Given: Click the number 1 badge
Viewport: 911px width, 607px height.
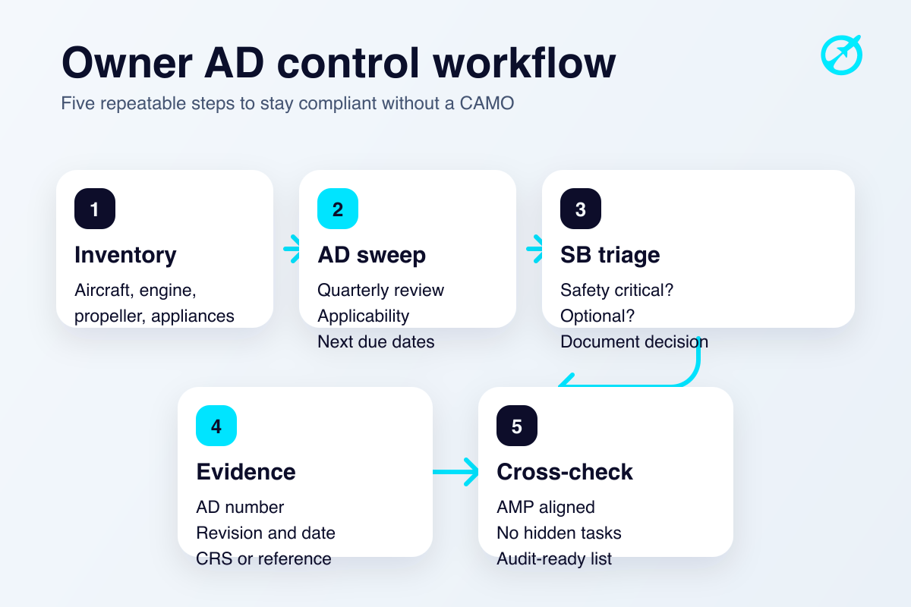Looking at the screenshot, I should (x=95, y=209).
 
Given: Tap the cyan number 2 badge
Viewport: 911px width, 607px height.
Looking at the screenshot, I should (x=338, y=209).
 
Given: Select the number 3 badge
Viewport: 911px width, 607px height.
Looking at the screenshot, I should (x=581, y=209).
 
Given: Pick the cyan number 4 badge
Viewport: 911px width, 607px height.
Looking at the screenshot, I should (x=216, y=426).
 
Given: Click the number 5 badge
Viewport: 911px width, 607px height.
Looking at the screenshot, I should (x=517, y=426).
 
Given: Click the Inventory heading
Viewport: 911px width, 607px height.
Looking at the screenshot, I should (x=125, y=255).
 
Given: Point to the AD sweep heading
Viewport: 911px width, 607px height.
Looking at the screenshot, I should (x=371, y=255).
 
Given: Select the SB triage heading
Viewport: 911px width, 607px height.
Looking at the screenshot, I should (x=610, y=255).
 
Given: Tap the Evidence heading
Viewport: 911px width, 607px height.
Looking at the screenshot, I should (x=246, y=472).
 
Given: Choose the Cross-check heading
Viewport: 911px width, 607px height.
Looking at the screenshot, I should (x=564, y=472).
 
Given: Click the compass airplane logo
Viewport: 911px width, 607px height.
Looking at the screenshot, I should (x=842, y=55).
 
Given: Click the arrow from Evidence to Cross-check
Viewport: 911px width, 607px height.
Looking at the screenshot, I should (x=456, y=472).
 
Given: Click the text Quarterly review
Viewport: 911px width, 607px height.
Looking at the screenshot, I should (x=380, y=291).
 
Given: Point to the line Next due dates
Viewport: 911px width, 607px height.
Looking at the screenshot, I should (x=376, y=342).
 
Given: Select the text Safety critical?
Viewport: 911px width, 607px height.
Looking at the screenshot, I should (x=616, y=291).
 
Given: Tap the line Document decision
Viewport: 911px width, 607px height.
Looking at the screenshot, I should (x=634, y=342).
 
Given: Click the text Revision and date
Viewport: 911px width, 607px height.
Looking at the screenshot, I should (x=266, y=533).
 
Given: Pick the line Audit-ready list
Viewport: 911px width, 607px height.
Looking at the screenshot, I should (x=554, y=559).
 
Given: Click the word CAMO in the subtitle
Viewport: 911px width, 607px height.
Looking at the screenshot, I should (x=487, y=103).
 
